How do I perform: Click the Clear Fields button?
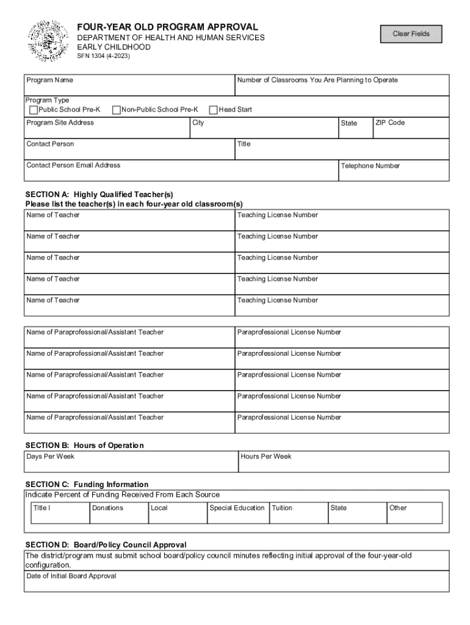411,34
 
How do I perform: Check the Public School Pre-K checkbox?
34,110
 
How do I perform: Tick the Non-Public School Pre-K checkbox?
117,110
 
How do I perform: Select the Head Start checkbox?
214,110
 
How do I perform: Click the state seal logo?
49,41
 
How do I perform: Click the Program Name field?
129,89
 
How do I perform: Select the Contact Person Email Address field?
181,174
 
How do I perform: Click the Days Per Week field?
131,464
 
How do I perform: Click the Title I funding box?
59,516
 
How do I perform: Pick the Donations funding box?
118,516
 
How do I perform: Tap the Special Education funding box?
237,516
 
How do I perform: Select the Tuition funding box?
297,516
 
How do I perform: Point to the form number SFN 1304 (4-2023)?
103,57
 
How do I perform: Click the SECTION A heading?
99,195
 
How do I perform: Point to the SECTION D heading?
106,544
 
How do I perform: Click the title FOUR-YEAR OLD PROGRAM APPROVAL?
167,27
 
